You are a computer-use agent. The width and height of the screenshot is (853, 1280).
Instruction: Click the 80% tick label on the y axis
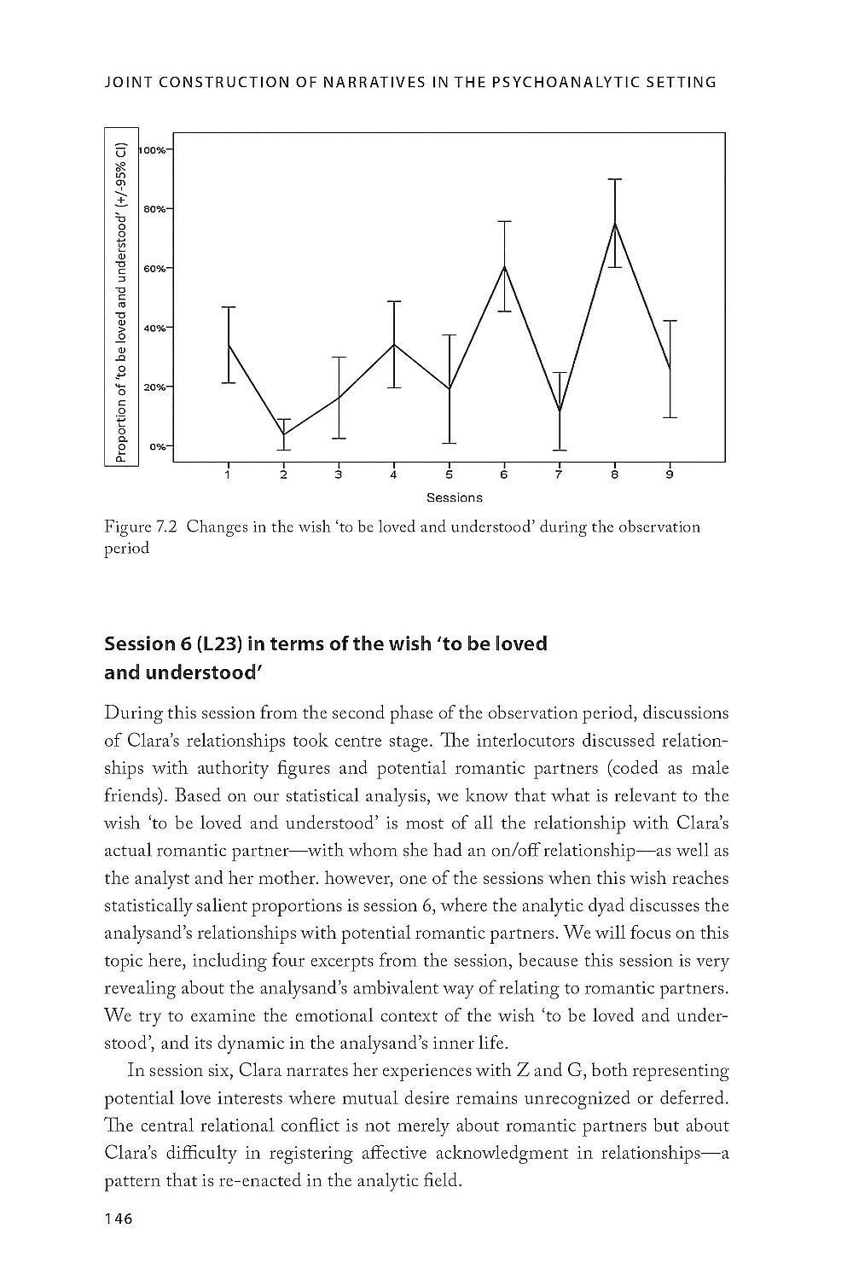coord(154,208)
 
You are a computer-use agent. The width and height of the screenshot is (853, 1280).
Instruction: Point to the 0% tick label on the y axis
coord(158,446)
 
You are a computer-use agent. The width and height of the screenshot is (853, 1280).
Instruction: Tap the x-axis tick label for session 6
coord(504,474)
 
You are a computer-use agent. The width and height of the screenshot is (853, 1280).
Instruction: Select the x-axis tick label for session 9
coord(670,474)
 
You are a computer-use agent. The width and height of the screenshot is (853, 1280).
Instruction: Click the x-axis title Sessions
coord(455,497)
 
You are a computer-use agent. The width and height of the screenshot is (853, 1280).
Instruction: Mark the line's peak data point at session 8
coord(614,223)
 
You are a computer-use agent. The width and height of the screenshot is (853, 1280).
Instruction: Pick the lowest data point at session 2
coord(283,435)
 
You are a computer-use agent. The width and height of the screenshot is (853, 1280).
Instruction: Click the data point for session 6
coord(504,266)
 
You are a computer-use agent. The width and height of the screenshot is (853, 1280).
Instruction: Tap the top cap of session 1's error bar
coord(229,306)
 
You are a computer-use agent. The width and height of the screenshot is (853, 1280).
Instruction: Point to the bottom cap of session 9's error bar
coord(670,417)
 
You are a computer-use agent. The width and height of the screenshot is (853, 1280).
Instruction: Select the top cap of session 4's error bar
coord(393,301)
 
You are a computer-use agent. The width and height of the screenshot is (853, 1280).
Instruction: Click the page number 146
coord(118,1219)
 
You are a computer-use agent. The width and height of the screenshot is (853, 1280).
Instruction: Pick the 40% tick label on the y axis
coord(154,327)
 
